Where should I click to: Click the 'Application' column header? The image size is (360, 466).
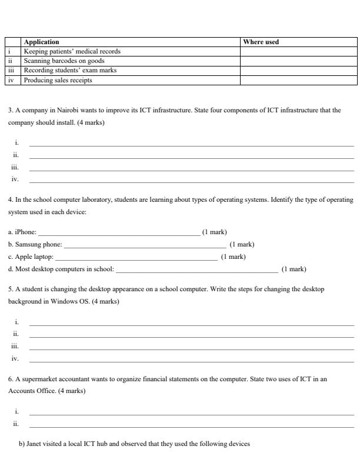[41, 42]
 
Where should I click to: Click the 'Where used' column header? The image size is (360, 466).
[261, 42]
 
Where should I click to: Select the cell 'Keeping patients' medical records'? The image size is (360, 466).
[72, 51]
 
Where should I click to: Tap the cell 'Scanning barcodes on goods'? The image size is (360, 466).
[64, 61]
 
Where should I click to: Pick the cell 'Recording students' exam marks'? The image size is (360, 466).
[70, 70]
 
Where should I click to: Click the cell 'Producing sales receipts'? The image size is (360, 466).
[58, 80]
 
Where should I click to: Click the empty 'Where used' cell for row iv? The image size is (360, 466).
[298, 80]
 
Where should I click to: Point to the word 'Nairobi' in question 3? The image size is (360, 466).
[72, 110]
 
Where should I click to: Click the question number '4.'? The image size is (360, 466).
[11, 199]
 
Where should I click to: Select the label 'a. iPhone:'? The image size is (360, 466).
[22, 232]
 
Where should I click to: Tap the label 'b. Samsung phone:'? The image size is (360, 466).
[35, 244]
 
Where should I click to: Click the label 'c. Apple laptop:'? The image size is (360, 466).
[31, 257]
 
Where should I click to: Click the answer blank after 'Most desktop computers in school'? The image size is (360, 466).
[196, 270]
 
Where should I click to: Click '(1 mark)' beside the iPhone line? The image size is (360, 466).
[215, 232]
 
